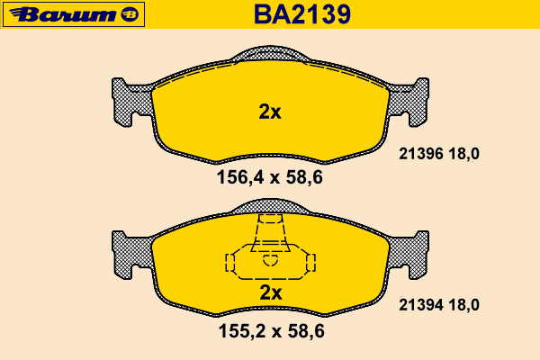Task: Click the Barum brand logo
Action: [74, 14]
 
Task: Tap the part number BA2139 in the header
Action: [302, 14]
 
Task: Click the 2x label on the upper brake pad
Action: [270, 112]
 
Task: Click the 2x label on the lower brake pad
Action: [271, 292]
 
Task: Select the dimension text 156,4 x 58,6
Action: [270, 178]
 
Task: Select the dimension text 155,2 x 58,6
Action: [272, 331]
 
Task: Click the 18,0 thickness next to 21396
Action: [463, 154]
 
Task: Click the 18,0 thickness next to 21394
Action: [463, 305]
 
